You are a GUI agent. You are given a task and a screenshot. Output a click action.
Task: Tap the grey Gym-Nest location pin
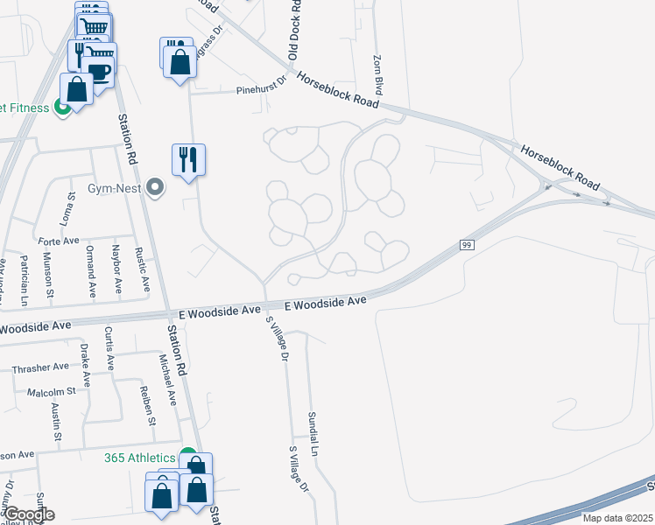156,187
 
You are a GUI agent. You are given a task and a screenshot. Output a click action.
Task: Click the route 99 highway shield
468,245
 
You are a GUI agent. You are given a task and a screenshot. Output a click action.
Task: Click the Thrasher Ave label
40,368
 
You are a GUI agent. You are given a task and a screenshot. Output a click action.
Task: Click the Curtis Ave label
109,346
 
